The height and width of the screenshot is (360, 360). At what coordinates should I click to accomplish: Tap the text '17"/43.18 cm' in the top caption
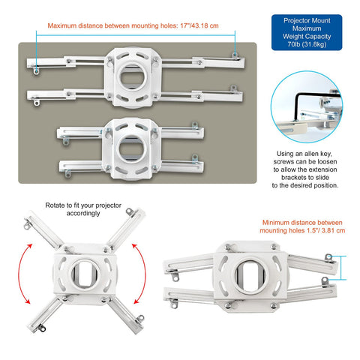click(x=197, y=25)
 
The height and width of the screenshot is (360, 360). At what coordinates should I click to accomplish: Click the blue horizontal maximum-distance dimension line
click(x=135, y=34)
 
